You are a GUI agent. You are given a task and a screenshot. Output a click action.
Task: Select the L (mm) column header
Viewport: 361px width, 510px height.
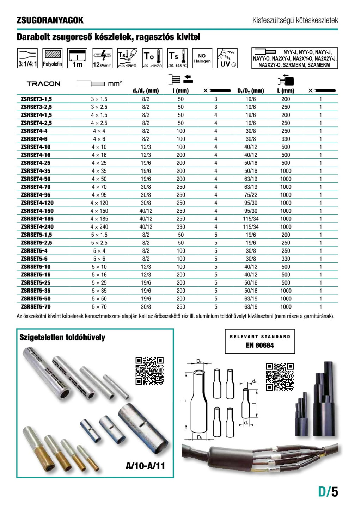tap(286, 91)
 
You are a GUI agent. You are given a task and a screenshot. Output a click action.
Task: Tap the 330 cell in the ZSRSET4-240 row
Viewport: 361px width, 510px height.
tap(181, 227)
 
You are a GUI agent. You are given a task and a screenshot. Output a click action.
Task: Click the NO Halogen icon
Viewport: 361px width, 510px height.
tap(202, 58)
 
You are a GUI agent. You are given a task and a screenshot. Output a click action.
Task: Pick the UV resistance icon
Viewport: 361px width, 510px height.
tap(227, 58)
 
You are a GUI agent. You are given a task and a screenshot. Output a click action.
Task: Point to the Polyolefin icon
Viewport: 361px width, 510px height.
tap(52, 58)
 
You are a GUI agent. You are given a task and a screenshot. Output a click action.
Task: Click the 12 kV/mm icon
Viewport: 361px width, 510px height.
tap(102, 58)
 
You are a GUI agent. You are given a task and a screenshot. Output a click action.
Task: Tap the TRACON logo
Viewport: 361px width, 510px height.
tap(43, 84)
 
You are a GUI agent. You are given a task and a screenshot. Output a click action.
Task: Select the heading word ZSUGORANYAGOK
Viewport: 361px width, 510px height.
tap(50, 20)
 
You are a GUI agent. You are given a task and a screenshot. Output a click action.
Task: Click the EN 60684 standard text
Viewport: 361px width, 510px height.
tap(260, 345)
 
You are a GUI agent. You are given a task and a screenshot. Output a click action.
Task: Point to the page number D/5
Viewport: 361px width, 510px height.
tap(328, 492)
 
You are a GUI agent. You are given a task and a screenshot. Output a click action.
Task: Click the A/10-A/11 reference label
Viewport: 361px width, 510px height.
tap(145, 466)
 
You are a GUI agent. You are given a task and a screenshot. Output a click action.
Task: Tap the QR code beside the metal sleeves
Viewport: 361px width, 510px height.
tap(149, 371)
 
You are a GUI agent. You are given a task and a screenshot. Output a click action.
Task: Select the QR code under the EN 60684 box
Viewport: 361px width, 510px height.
tap(280, 377)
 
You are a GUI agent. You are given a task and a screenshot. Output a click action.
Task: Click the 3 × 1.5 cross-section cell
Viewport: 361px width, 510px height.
tap(99, 99)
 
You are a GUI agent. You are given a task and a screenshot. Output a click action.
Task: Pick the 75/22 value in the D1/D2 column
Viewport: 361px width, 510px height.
tap(251, 195)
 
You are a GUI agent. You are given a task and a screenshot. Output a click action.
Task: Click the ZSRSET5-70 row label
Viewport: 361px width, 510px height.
tap(36, 307)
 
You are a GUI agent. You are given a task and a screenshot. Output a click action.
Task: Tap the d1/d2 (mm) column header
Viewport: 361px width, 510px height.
tap(146, 91)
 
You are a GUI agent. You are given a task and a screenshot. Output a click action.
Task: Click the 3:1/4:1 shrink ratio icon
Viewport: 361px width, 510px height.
tap(27, 58)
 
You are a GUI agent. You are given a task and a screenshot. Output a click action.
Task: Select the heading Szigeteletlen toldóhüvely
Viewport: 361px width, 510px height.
tap(62, 337)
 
